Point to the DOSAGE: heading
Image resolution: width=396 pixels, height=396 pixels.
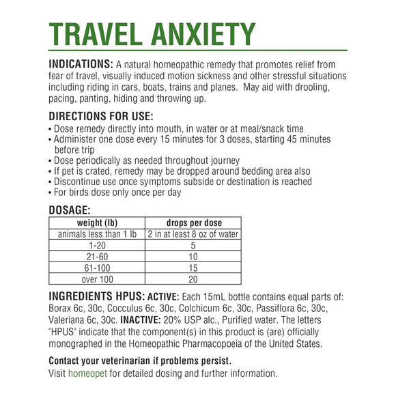click(x=70, y=210)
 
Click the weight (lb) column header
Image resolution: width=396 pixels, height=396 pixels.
click(x=97, y=223)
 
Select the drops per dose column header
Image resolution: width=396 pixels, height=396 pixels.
click(x=194, y=223)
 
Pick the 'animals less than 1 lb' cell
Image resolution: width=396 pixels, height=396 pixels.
click(x=97, y=235)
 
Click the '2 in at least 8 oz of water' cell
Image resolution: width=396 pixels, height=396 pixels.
click(x=194, y=235)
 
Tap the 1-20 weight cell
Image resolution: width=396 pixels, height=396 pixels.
click(x=97, y=246)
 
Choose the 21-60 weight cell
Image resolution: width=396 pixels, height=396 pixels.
click(x=97, y=257)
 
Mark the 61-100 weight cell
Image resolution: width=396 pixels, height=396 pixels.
click(x=97, y=268)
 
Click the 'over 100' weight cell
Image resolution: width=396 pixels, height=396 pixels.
click(x=97, y=279)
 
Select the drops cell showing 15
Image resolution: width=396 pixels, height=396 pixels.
click(x=194, y=268)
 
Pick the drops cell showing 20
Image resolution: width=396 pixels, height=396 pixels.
click(x=194, y=279)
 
